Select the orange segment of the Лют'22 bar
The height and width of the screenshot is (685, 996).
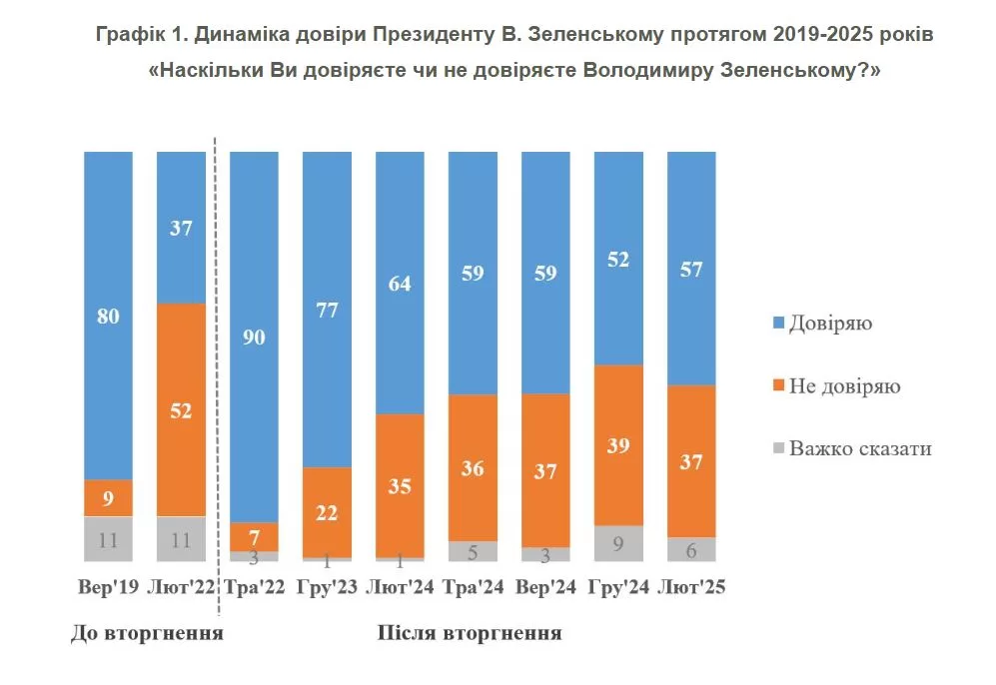point(181,409)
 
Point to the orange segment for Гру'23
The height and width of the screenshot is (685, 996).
point(327,511)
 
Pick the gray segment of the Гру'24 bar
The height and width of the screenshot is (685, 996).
point(618,543)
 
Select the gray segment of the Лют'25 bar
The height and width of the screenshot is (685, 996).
point(691,549)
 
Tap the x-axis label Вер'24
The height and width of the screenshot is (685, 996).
point(545,588)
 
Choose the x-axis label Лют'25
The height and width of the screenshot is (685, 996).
point(691,588)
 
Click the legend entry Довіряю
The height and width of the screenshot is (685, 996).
point(830,324)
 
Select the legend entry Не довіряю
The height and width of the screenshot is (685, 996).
point(844,386)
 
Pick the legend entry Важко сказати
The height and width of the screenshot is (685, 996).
point(859,448)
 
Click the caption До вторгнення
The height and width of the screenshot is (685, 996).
point(146,633)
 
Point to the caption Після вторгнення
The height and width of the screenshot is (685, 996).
point(469,633)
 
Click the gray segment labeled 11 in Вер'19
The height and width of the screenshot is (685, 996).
point(108,539)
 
